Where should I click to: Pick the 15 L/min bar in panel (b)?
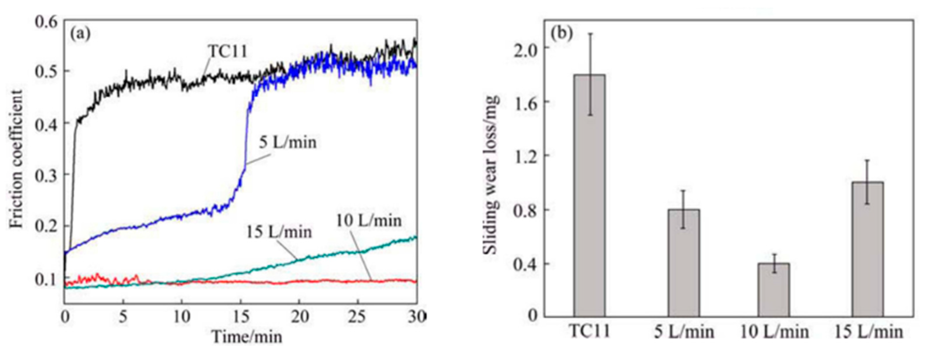pyautogui.click(x=868, y=249)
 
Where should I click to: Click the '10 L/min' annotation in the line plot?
pyautogui.click(x=369, y=220)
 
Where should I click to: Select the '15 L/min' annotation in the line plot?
pyautogui.click(x=279, y=232)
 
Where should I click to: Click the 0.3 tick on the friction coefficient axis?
pyautogui.click(x=46, y=175)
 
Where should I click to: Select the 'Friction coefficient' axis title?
pyautogui.click(x=16, y=159)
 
